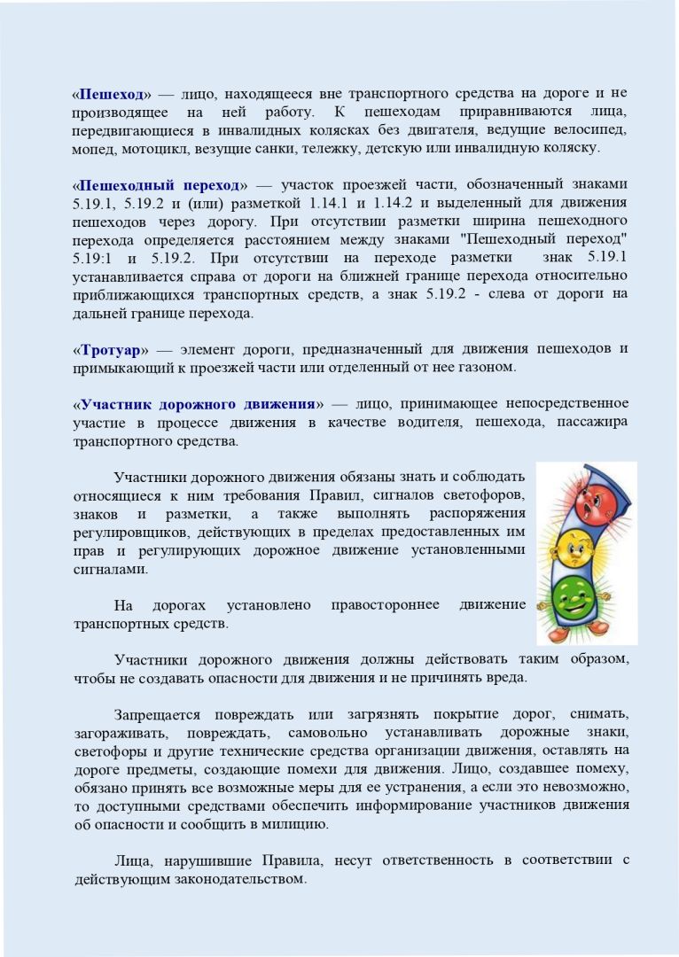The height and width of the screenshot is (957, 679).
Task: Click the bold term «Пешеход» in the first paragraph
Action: [x=112, y=92]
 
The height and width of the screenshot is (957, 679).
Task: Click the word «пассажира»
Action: [x=592, y=422]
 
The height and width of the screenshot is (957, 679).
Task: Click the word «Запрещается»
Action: [x=158, y=714]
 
